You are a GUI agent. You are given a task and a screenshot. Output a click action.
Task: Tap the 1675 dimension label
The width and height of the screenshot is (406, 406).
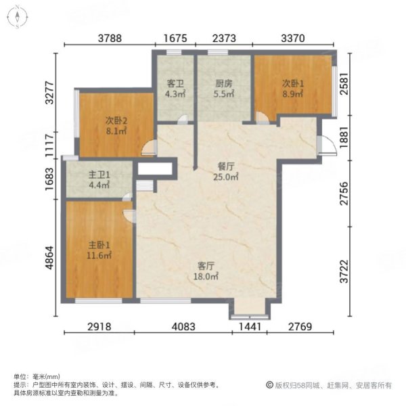tap(176, 39)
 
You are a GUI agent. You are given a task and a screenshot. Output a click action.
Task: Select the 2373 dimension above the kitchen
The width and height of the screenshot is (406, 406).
tap(224, 39)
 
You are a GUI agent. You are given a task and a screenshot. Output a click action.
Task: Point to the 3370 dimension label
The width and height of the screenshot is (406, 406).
tap(293, 39)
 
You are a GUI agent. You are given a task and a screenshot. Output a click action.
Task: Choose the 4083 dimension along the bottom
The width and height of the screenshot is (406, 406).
tap(183, 328)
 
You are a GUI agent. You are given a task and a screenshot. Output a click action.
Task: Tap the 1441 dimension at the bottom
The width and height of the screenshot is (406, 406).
tap(248, 328)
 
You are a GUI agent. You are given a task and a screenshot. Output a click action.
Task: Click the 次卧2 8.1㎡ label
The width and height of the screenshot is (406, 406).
tap(116, 126)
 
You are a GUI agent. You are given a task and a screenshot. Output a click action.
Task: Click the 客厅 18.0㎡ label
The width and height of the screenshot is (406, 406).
tap(207, 271)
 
